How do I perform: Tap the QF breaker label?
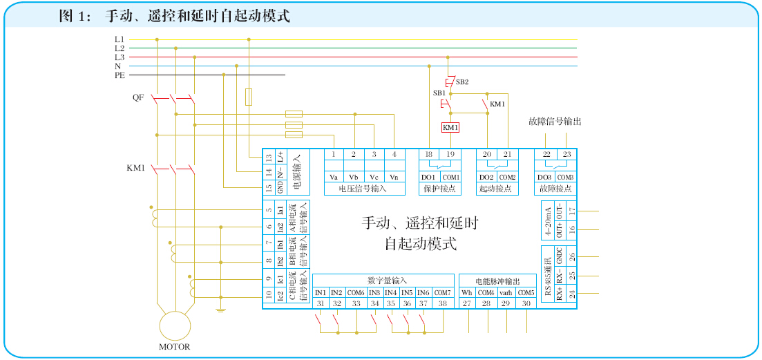138,97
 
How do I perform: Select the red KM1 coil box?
450,128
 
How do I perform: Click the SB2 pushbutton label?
462,82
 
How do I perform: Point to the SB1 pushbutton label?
439,93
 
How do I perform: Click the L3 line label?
120,57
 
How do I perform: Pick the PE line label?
120,75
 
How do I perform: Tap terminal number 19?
450,155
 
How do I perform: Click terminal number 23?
566,155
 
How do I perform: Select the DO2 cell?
486,177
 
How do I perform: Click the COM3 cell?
566,177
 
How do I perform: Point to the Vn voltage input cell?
394,177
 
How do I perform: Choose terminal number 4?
394,155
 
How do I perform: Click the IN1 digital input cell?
321,292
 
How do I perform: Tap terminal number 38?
442,303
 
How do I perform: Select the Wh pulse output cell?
467,292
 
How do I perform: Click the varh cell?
506,292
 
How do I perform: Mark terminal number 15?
269,187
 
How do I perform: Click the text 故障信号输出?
555,122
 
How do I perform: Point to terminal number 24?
571,294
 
